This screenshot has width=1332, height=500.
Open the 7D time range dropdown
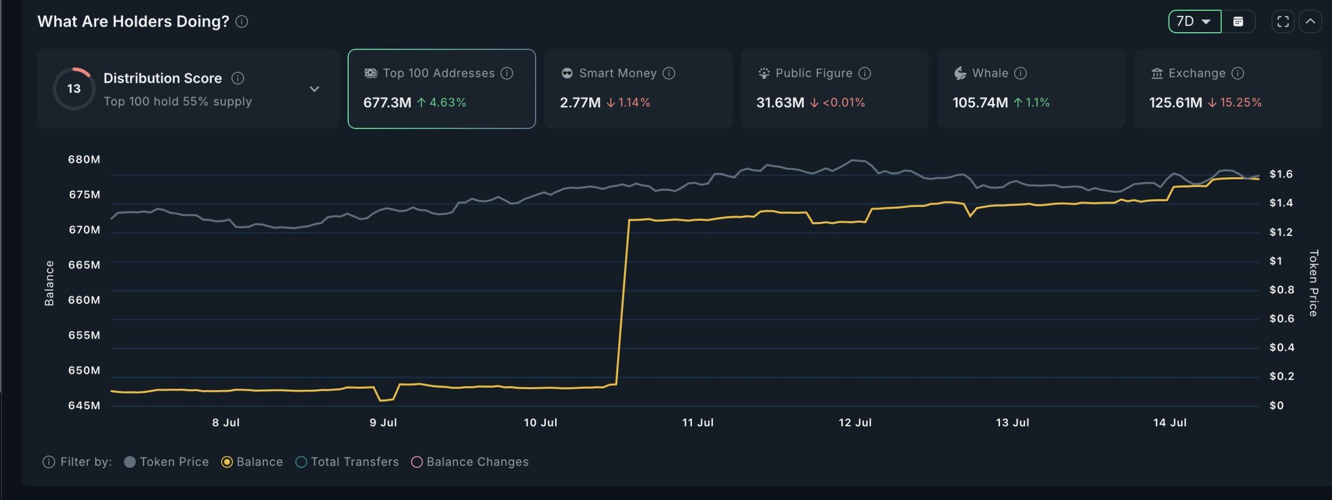pos(1194,21)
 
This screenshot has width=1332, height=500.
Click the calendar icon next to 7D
pos(1238,21)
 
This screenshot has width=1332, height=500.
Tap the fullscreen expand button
pos(1283,21)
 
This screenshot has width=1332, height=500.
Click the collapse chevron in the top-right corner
pos(1310,21)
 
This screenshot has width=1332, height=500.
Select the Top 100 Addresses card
pos(441,88)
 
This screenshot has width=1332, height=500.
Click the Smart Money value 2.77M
pos(580,102)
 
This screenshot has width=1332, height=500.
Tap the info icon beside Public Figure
pos(865,73)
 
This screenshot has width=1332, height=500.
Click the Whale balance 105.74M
pos(980,102)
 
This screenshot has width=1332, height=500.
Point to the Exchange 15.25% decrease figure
pos(1240,102)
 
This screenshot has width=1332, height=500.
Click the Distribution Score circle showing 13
pos(74,88)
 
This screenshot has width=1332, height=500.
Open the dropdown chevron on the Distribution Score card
pos(314,89)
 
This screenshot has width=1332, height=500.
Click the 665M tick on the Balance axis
pos(84,265)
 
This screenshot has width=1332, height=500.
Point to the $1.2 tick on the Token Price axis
pos(1280,232)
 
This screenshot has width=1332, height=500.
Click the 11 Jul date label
pos(697,422)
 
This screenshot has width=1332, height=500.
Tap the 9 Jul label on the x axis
pos(383,422)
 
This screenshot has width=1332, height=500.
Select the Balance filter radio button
pos(227,462)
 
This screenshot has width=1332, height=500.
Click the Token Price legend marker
pos(130,462)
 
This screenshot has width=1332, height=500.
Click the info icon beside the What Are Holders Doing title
pos(241,21)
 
